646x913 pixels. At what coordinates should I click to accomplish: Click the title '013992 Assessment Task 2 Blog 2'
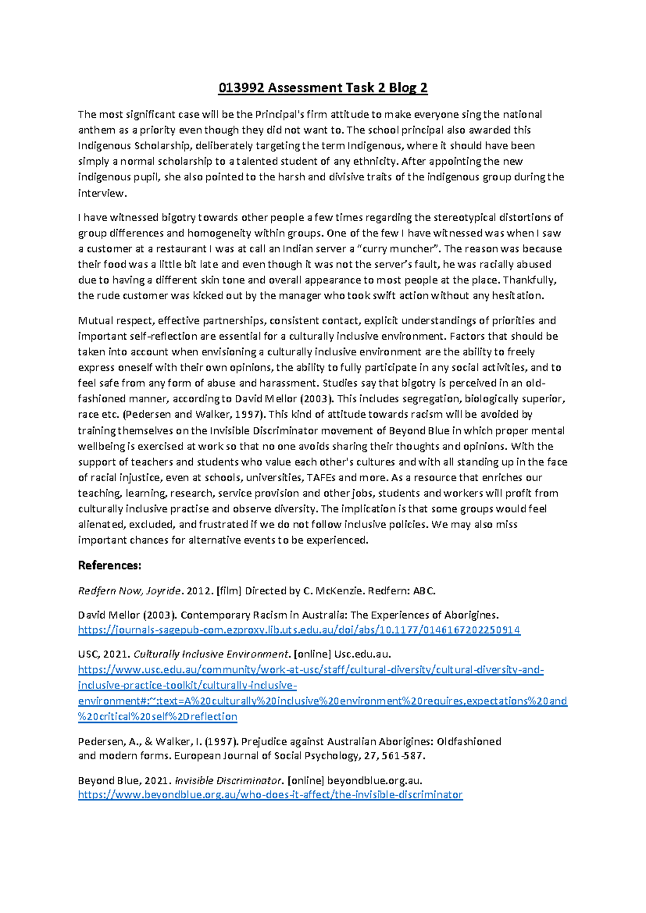coord(322,88)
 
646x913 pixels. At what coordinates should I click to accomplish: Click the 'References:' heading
coord(110,565)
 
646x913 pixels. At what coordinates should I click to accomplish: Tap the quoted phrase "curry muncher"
coord(398,249)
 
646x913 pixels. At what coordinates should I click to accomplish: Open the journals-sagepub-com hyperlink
coord(299,630)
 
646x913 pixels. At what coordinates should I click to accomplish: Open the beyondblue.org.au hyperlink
coord(270,795)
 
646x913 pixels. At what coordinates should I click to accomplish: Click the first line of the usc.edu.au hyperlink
coord(311,670)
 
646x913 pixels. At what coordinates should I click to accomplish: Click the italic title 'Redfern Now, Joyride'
coord(130,591)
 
